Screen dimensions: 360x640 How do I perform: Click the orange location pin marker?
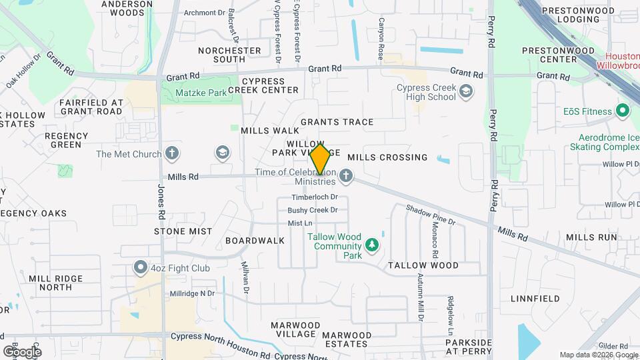click(x=320, y=159)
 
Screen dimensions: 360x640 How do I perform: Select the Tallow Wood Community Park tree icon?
click(x=372, y=246)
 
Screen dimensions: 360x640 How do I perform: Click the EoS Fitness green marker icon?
click(x=623, y=110)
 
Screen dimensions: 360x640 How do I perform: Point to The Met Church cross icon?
click(x=172, y=154)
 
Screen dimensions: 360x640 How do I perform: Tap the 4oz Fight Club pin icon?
click(x=141, y=268)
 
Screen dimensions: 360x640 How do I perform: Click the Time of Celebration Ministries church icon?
click(x=345, y=177)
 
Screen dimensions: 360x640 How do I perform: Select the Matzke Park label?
click(x=203, y=93)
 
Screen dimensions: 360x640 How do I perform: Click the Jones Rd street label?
click(x=161, y=200)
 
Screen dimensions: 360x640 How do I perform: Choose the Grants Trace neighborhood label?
click(x=337, y=122)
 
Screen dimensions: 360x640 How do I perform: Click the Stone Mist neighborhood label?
click(x=183, y=231)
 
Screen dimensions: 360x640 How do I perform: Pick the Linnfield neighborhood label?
click(x=535, y=299)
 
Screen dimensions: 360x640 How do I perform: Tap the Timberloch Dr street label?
click(x=315, y=197)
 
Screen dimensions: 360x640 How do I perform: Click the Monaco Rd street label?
click(x=435, y=240)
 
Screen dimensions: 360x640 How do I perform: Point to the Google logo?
click(x=22, y=351)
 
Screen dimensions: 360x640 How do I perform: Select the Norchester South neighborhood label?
click(x=229, y=55)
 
